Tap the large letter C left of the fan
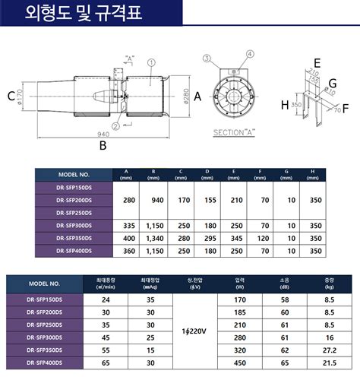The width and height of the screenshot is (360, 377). coord(11,96)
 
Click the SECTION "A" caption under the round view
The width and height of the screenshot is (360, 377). coord(234,132)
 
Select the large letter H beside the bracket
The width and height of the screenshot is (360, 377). coord(284,106)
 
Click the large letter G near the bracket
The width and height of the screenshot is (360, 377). coord(333,82)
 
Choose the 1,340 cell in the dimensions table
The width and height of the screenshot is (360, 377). coord(153,237)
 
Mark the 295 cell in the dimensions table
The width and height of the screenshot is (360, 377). coord(208,237)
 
